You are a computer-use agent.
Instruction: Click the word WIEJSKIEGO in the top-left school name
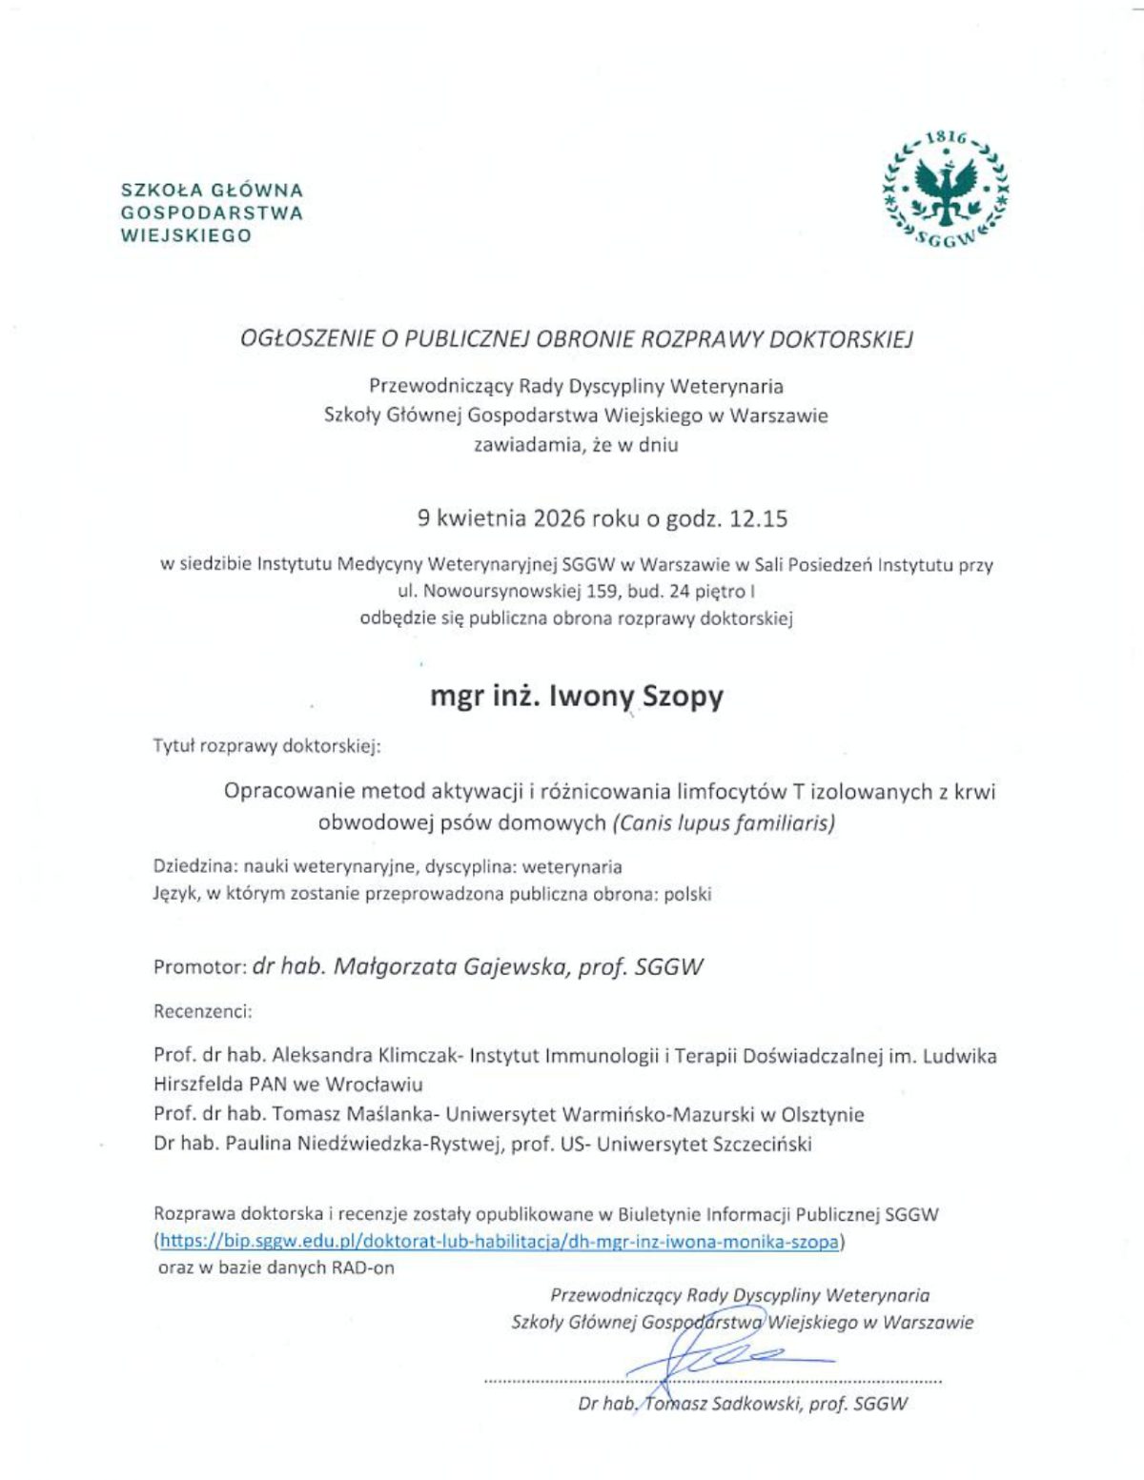[x=186, y=235]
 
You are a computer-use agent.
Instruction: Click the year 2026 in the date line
[x=560, y=519]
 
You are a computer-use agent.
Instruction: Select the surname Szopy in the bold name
[x=683, y=697]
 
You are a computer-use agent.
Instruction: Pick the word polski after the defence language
[x=687, y=894]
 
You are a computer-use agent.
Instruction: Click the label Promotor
[x=199, y=967]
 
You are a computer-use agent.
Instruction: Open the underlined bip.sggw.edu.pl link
[x=500, y=1242]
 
